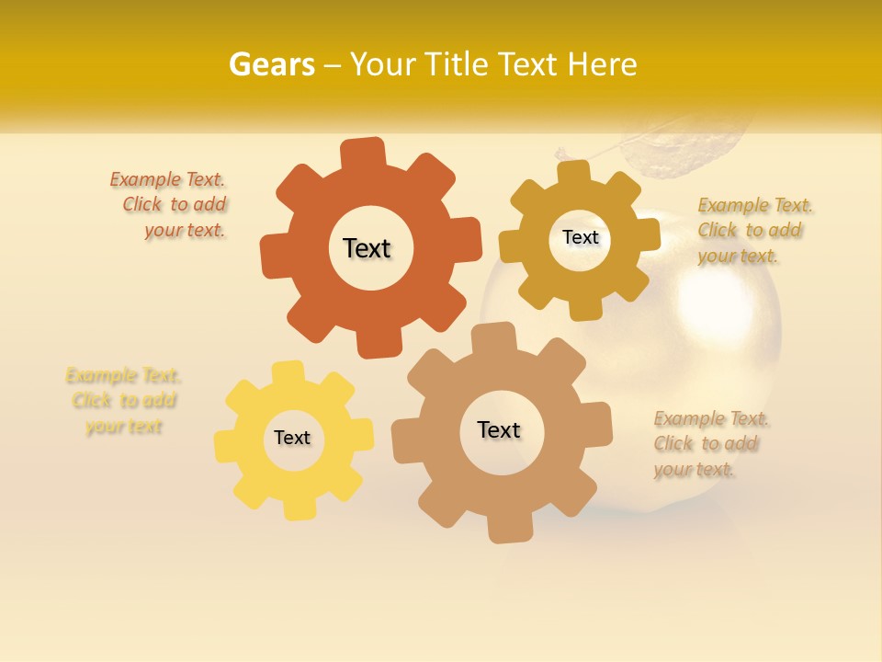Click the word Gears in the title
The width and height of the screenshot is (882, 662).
(x=271, y=64)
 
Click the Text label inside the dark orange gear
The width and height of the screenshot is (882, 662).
(x=367, y=248)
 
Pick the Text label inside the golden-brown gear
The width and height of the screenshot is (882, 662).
(x=580, y=237)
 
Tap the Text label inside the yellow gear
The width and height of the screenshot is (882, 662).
(x=292, y=438)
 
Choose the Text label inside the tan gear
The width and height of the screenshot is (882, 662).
(x=499, y=429)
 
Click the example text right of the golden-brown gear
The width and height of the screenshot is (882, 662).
(x=752, y=230)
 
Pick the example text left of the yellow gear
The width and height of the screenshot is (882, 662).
(x=123, y=401)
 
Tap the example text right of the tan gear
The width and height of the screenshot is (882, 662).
(x=709, y=444)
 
